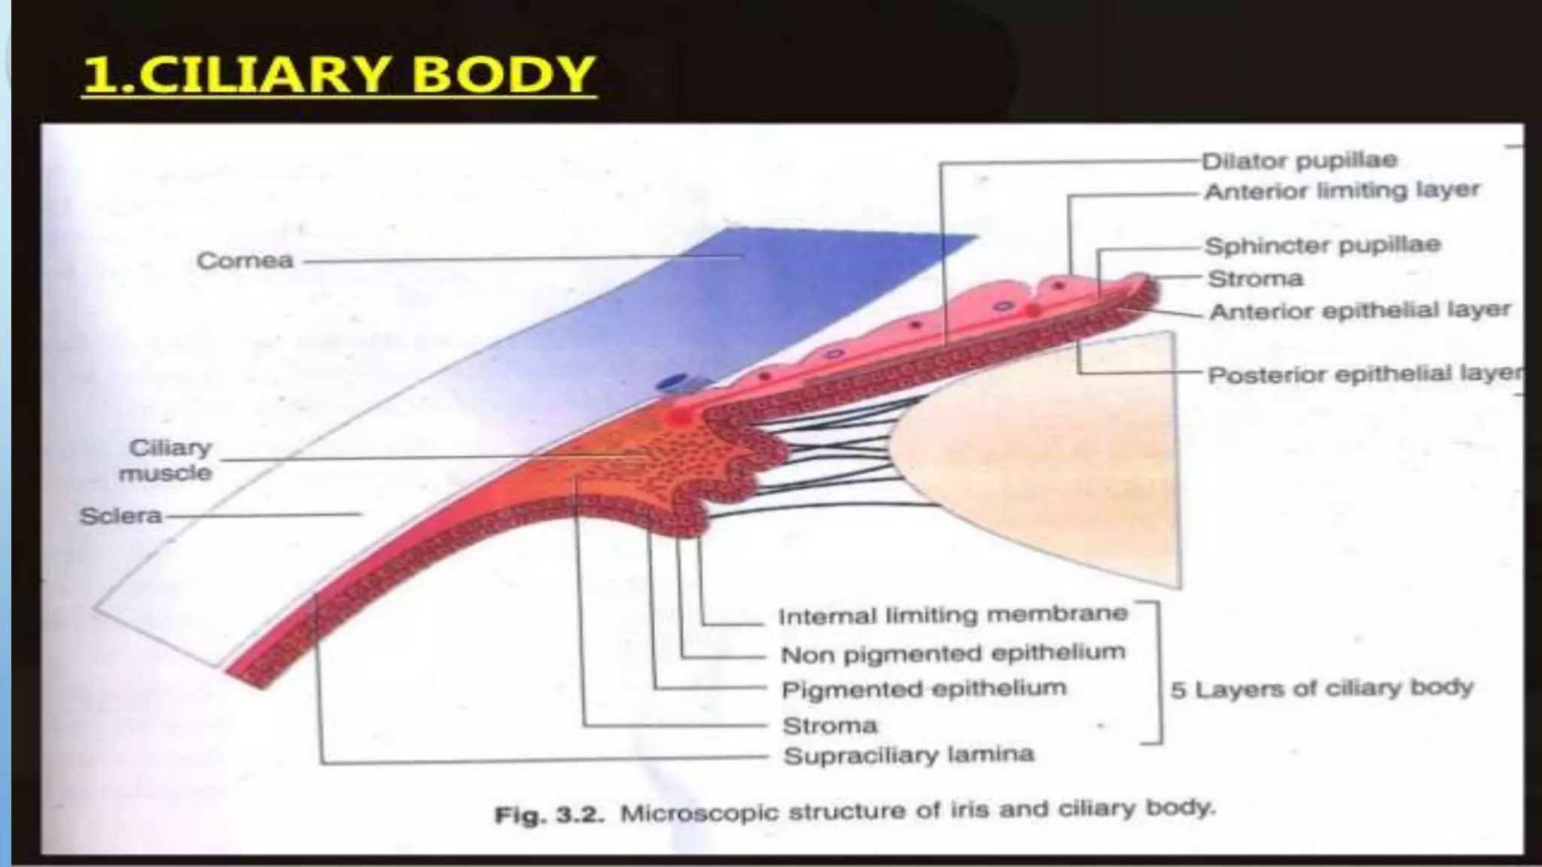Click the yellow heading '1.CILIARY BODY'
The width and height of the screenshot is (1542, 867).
339,75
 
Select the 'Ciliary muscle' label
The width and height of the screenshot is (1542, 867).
167,461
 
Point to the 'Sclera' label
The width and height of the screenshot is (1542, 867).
120,516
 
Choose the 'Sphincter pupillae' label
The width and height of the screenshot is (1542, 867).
1323,246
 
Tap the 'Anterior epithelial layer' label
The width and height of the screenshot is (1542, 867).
1360,311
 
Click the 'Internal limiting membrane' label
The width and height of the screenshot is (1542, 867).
952,616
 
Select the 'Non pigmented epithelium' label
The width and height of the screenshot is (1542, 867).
952,653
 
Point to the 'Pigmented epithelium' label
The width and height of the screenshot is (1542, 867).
924,689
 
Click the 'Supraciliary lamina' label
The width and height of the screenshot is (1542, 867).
909,755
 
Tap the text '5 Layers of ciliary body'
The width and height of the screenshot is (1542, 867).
1321,688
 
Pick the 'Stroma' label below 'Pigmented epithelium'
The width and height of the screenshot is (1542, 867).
830,726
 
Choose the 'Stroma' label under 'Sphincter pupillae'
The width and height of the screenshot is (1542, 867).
1255,279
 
